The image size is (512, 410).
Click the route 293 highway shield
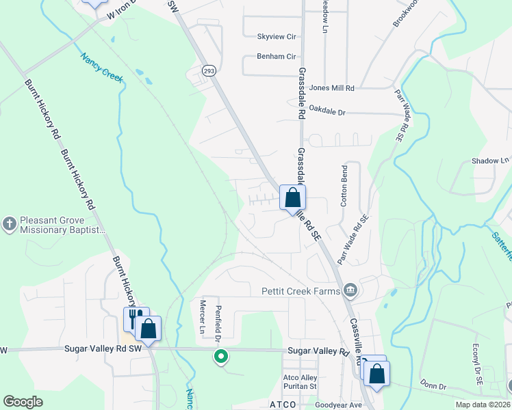[207, 70]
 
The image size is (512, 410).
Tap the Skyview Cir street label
[276, 36]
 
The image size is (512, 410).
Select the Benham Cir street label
[276, 57]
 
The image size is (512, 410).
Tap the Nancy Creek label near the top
[101, 68]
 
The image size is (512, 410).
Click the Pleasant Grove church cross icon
[9, 223]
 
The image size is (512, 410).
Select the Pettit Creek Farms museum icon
[350, 290]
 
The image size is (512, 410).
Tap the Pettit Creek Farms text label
[300, 291]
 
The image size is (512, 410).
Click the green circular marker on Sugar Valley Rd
[220, 356]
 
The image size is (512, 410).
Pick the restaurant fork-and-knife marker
[135, 317]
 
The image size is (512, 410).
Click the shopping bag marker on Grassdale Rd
[292, 197]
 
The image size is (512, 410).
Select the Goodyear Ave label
[338, 405]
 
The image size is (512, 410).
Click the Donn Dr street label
[433, 387]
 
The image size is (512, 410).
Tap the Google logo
[23, 402]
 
